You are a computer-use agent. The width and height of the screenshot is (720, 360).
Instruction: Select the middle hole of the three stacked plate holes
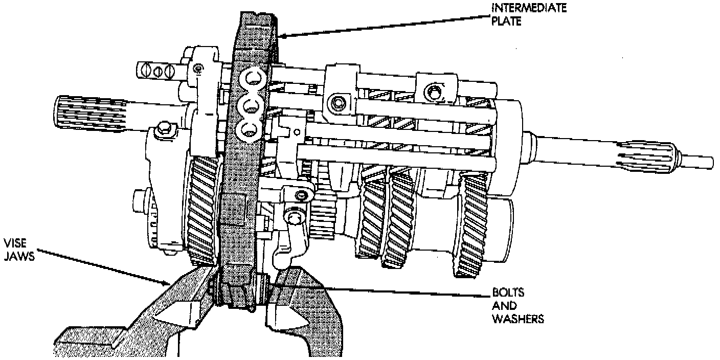[251, 106]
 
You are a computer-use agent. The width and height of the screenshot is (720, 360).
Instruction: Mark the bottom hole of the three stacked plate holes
[251, 130]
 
